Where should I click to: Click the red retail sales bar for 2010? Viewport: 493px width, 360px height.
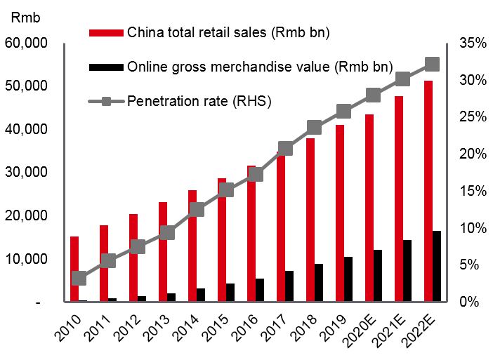click(74, 269)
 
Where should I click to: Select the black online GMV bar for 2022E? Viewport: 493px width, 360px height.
click(437, 267)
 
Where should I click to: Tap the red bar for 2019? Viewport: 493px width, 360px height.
click(340, 213)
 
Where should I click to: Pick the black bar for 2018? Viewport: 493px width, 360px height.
click(319, 283)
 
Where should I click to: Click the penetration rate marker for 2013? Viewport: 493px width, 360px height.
click(167, 233)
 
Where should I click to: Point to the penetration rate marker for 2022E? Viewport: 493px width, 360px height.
click(433, 65)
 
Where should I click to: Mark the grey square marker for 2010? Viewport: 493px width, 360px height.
click(79, 279)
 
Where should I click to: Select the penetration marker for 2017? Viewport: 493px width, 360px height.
click(286, 149)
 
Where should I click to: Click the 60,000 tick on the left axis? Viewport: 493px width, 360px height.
click(26, 43)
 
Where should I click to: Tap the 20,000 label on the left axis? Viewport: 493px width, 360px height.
click(26, 215)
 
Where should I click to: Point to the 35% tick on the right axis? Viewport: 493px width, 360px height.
click(473, 43)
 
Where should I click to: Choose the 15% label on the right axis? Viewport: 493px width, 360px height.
click(473, 191)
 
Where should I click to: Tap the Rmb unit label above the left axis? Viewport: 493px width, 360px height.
click(26, 18)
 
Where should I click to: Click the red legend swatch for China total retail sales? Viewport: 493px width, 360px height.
click(106, 33)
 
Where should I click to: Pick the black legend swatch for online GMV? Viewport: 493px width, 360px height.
click(106, 67)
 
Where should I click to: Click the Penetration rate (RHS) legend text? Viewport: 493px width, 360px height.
click(199, 102)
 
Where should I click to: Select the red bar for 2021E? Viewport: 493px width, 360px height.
click(399, 199)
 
